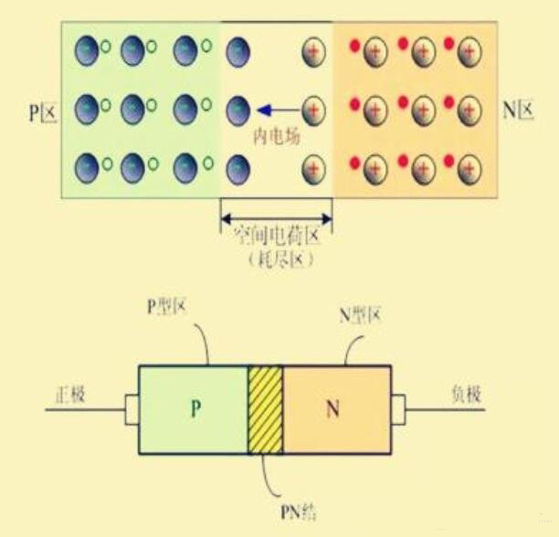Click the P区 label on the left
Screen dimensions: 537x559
pyautogui.click(x=41, y=111)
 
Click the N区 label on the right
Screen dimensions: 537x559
pyautogui.click(x=518, y=111)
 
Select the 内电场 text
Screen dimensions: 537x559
pyautogui.click(x=277, y=136)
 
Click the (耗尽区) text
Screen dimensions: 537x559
pyautogui.click(x=275, y=260)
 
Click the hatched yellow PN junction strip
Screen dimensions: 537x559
pyautogui.click(x=265, y=410)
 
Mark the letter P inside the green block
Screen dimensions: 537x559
pyautogui.click(x=195, y=410)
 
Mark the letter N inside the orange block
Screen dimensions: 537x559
pyautogui.click(x=332, y=410)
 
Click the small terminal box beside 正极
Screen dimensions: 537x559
pyautogui.click(x=131, y=410)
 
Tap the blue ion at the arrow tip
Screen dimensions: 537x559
pyautogui.click(x=238, y=111)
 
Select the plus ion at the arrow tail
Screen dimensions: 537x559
pyautogui.click(x=313, y=111)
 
